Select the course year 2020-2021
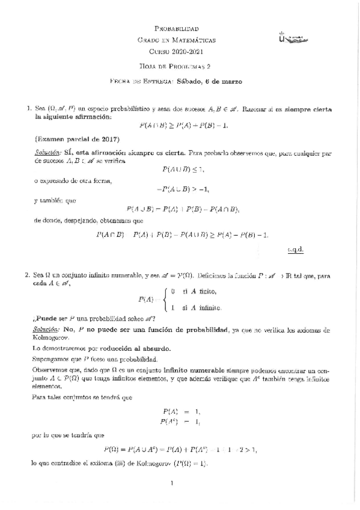(x=181, y=52)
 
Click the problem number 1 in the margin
(x=28, y=109)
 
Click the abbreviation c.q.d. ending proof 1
(x=295, y=248)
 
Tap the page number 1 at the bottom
(x=172, y=482)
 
